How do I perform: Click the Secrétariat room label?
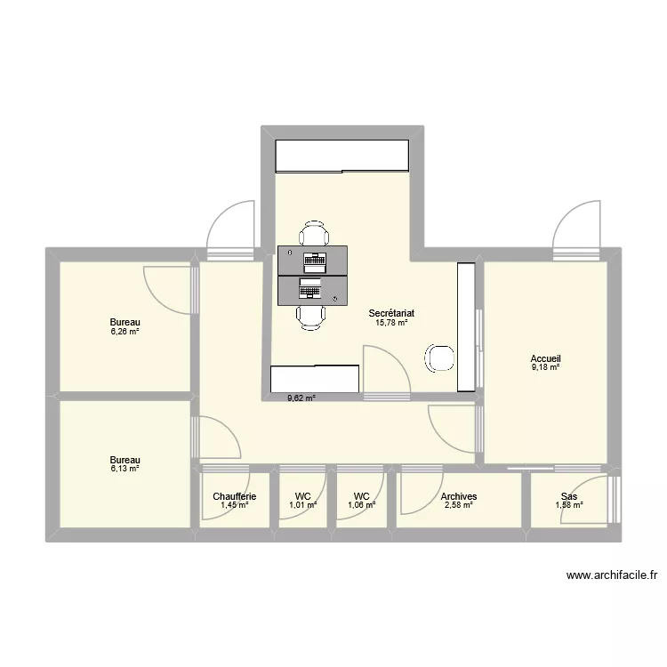coord(391,313)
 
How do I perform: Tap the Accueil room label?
coord(546,358)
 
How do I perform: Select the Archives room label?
coord(459,497)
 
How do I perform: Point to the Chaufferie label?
coord(235,497)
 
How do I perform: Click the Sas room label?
coord(568,497)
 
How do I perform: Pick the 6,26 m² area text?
coord(125,332)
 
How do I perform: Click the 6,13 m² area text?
coord(125,469)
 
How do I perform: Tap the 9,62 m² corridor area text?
coord(300,398)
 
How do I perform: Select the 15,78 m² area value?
coord(391,323)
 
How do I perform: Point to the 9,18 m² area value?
coord(546,367)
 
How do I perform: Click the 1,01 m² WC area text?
coord(303,506)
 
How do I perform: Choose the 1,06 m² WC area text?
coord(361,506)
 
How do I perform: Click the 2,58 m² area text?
coord(459,506)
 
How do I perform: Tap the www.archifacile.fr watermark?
coord(611,575)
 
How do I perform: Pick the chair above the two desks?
coord(312,235)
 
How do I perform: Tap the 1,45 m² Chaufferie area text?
coord(235,506)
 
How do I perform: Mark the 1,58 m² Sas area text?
coord(568,506)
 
